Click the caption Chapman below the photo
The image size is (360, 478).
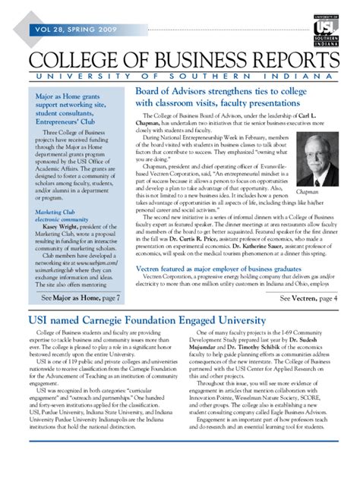308,192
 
